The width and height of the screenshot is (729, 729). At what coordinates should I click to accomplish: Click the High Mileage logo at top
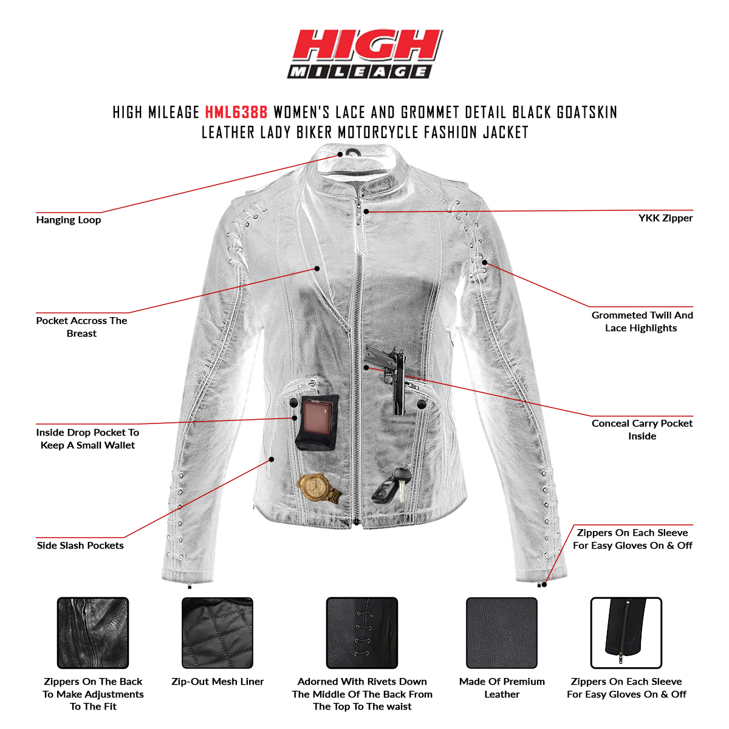[365, 54]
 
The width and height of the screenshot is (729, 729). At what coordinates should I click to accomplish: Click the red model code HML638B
[236, 112]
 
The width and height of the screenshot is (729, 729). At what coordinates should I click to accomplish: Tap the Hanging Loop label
[68, 220]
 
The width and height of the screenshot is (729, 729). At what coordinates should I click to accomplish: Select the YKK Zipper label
[665, 218]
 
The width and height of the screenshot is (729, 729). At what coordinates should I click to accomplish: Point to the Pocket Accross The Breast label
[81, 327]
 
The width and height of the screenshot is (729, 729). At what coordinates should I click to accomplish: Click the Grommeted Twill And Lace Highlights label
[642, 321]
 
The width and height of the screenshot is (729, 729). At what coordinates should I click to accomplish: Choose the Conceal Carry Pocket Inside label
[642, 430]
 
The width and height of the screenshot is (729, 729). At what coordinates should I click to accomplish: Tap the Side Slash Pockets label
[80, 546]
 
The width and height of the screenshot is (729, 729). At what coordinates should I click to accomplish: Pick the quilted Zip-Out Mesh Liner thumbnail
[217, 633]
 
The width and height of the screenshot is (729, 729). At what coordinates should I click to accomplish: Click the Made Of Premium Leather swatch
[502, 633]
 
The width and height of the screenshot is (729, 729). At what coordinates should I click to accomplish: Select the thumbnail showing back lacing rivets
[362, 633]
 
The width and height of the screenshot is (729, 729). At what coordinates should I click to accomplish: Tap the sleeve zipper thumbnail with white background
[626, 633]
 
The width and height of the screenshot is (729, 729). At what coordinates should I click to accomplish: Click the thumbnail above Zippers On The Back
[93, 633]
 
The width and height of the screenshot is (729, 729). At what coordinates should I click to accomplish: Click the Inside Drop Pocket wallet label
[87, 439]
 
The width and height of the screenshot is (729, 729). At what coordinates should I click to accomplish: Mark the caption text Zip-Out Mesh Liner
[217, 682]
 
